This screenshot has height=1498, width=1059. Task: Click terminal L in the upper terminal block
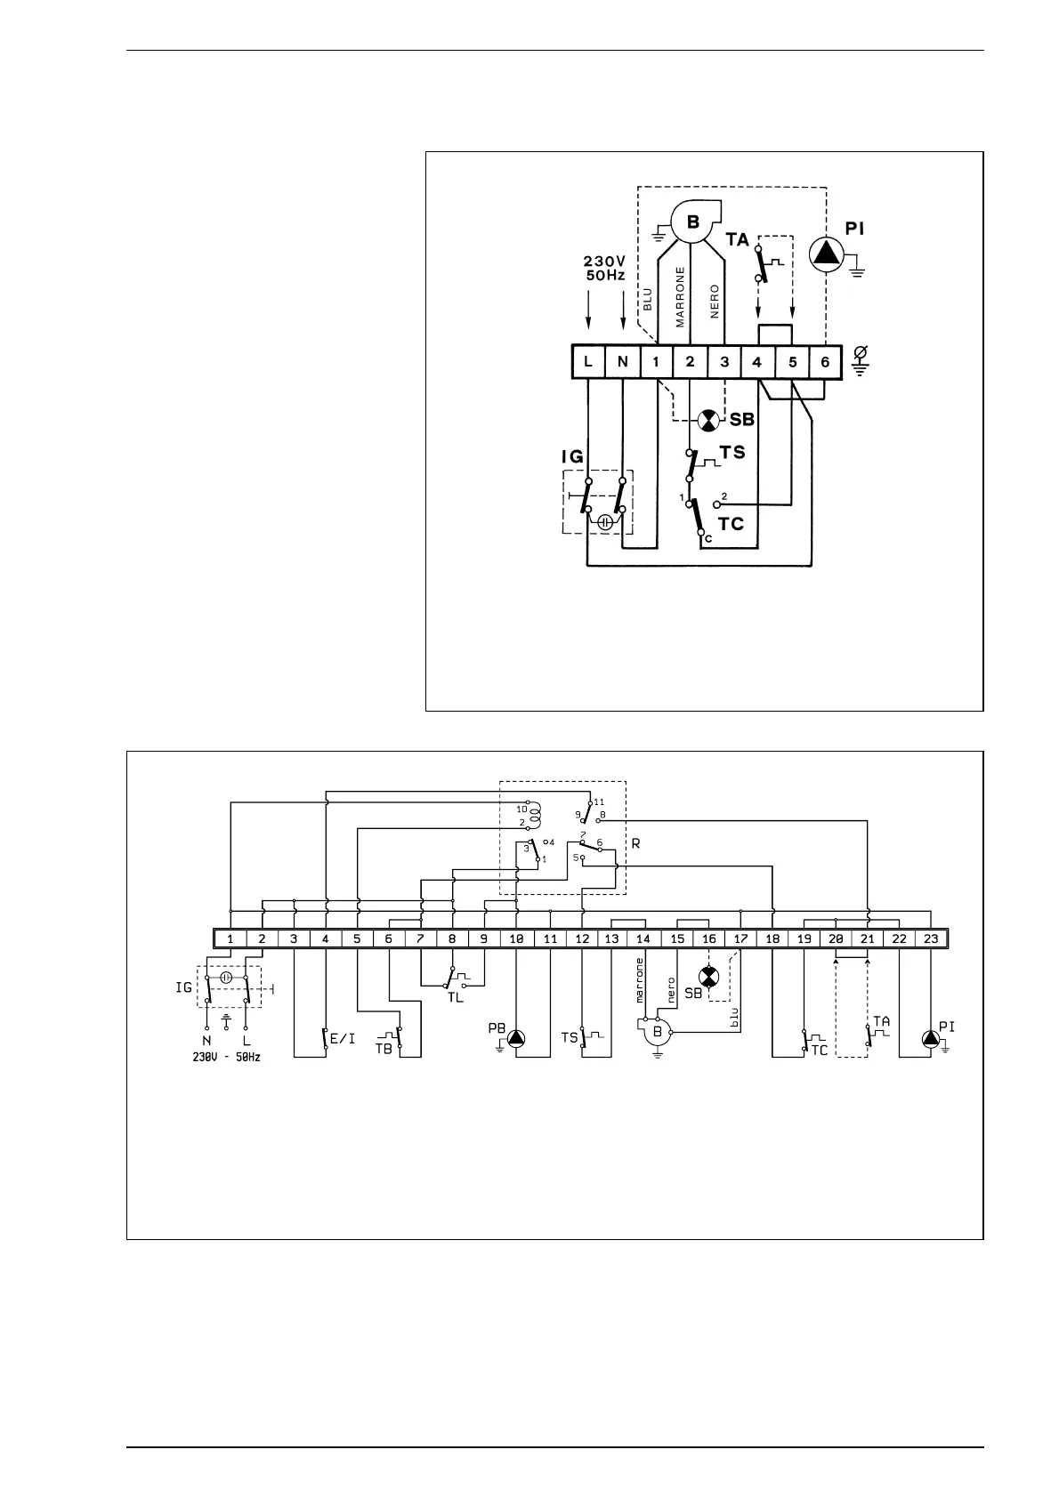588,362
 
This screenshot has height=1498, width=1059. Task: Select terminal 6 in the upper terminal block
825,362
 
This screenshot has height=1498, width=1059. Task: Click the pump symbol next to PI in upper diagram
826,254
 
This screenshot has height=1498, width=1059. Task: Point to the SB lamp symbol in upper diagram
708,420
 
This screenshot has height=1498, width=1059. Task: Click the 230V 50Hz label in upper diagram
604,268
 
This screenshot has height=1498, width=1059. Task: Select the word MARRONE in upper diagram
681,296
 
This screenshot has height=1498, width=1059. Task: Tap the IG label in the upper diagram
571,457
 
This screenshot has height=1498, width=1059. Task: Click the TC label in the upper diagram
731,524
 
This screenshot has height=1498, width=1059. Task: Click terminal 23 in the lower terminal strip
931,938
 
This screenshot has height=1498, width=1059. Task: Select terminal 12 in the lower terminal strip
582,938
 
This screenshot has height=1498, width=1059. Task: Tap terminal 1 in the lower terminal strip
230,938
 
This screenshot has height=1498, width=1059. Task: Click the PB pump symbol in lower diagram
516,1037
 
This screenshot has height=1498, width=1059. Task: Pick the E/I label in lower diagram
343,1038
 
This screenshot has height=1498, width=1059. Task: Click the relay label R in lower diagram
635,843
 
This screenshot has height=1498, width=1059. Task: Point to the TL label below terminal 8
455,997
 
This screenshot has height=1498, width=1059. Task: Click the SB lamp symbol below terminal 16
708,978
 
